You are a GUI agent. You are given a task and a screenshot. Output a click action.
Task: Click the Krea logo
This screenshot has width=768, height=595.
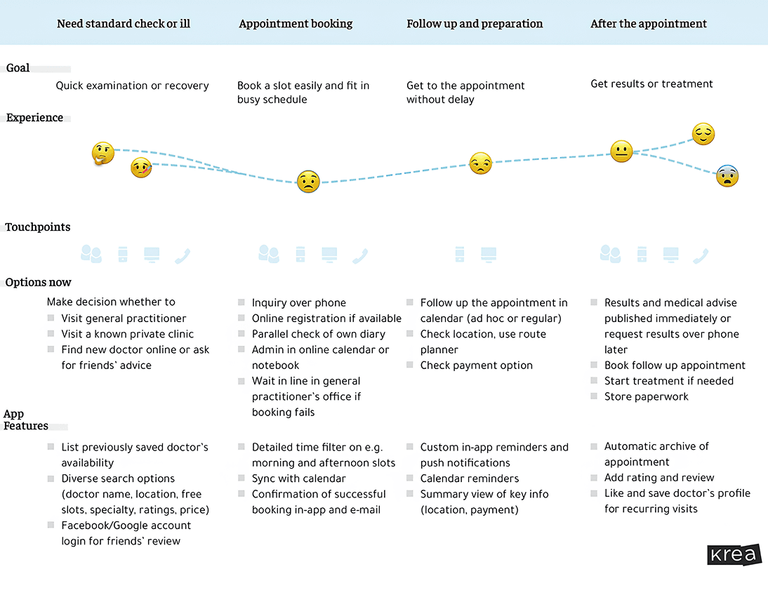(734, 554)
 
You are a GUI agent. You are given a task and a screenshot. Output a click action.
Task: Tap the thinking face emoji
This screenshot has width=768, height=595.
(103, 153)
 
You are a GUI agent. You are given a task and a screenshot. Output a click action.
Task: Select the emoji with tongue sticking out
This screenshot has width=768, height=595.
(141, 168)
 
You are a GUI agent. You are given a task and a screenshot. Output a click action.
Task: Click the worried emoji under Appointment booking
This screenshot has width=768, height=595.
(307, 182)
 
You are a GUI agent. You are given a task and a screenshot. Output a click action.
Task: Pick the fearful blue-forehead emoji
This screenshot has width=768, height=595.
(727, 175)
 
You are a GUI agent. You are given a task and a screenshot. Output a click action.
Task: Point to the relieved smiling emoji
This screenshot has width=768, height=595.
(703, 134)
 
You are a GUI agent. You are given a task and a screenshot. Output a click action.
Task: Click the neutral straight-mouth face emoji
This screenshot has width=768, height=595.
(621, 152)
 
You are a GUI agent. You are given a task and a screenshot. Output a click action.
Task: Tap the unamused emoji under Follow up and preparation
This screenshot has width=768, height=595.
(480, 163)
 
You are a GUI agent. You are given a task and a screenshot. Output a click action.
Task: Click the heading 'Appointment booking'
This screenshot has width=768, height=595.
(296, 24)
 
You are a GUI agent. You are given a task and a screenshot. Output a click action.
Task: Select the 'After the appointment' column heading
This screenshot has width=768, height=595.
(649, 24)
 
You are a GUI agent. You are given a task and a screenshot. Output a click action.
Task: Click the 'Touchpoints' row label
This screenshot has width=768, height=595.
(38, 227)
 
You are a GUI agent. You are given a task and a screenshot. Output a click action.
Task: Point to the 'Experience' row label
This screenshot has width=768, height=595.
(34, 118)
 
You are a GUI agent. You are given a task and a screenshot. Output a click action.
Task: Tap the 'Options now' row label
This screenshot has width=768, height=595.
(39, 283)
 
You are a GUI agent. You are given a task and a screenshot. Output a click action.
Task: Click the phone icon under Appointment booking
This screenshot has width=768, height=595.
(361, 256)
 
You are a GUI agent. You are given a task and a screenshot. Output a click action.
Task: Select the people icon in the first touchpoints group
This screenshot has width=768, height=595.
(91, 254)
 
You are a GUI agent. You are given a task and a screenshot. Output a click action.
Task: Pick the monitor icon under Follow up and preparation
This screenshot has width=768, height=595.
(489, 254)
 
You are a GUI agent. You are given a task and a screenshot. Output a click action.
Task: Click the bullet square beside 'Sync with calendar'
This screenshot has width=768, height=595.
(241, 479)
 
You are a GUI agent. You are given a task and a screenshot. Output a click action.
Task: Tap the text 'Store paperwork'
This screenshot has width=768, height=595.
(646, 396)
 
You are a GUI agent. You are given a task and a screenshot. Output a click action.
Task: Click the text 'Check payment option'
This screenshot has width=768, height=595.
(476, 366)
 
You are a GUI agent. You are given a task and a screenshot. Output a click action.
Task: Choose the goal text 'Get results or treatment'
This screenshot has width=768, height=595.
(651, 84)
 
